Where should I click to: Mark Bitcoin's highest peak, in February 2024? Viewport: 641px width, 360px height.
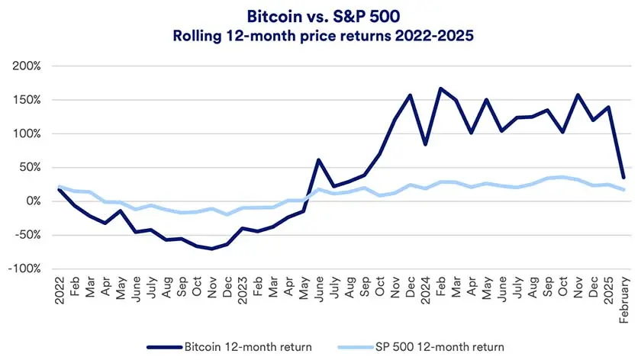440,88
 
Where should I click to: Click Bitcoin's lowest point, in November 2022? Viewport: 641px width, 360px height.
211,249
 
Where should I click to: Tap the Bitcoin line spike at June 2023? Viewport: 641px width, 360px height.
318,160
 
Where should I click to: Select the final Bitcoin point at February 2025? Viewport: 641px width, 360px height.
623,177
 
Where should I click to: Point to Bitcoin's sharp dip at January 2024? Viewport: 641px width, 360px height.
425,144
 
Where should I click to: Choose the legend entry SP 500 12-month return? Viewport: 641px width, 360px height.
440,347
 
